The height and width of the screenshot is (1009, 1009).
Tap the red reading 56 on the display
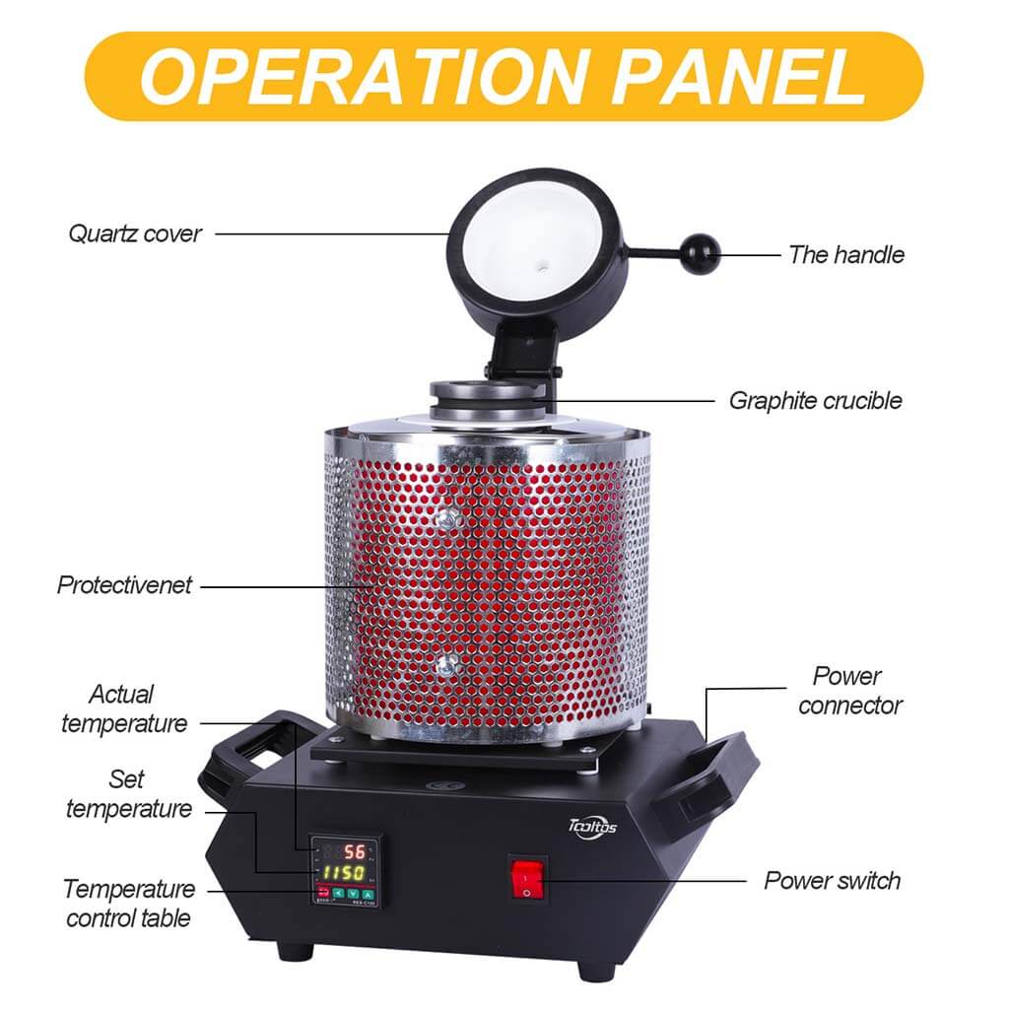coord(355,852)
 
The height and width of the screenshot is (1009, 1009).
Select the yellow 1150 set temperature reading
coord(343,873)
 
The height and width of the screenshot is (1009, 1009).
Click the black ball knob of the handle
coord(701,255)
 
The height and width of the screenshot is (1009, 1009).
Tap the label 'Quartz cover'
coord(135,234)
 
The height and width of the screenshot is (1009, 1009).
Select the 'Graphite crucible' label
coord(815,401)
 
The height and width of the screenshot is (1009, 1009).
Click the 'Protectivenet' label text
coord(124,585)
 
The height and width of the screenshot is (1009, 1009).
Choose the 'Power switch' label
coord(832,880)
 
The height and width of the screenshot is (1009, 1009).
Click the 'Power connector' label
coord(849,691)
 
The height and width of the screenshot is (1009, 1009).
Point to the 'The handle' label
coord(846,255)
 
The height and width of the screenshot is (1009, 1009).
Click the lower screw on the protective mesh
coord(446,665)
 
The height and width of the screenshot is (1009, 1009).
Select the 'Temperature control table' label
coord(129,904)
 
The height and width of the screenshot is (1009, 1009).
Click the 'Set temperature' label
coord(129,793)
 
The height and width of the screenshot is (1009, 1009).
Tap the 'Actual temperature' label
coord(123,708)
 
